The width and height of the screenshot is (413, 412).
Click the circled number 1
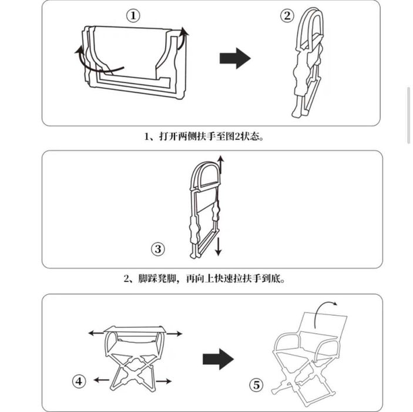(133, 16)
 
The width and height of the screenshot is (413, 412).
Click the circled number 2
(287, 16)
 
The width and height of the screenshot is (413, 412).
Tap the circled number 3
(158, 249)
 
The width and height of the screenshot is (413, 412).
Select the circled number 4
(79, 381)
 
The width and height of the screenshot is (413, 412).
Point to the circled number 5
(256, 385)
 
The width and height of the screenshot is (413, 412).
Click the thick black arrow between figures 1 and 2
(235, 58)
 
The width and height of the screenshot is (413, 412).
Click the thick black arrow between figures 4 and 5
(218, 359)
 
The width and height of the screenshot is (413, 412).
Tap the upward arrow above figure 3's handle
(221, 165)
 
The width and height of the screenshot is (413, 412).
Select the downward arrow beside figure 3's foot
(218, 247)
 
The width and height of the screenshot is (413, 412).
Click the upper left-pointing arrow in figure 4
(96, 333)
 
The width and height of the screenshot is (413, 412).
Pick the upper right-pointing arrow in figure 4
(174, 334)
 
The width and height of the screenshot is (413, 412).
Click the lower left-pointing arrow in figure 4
(102, 380)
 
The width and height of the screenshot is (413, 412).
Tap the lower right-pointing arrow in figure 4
(163, 381)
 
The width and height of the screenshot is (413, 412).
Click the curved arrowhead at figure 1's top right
(184, 31)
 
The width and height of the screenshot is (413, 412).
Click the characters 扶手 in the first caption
(206, 137)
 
